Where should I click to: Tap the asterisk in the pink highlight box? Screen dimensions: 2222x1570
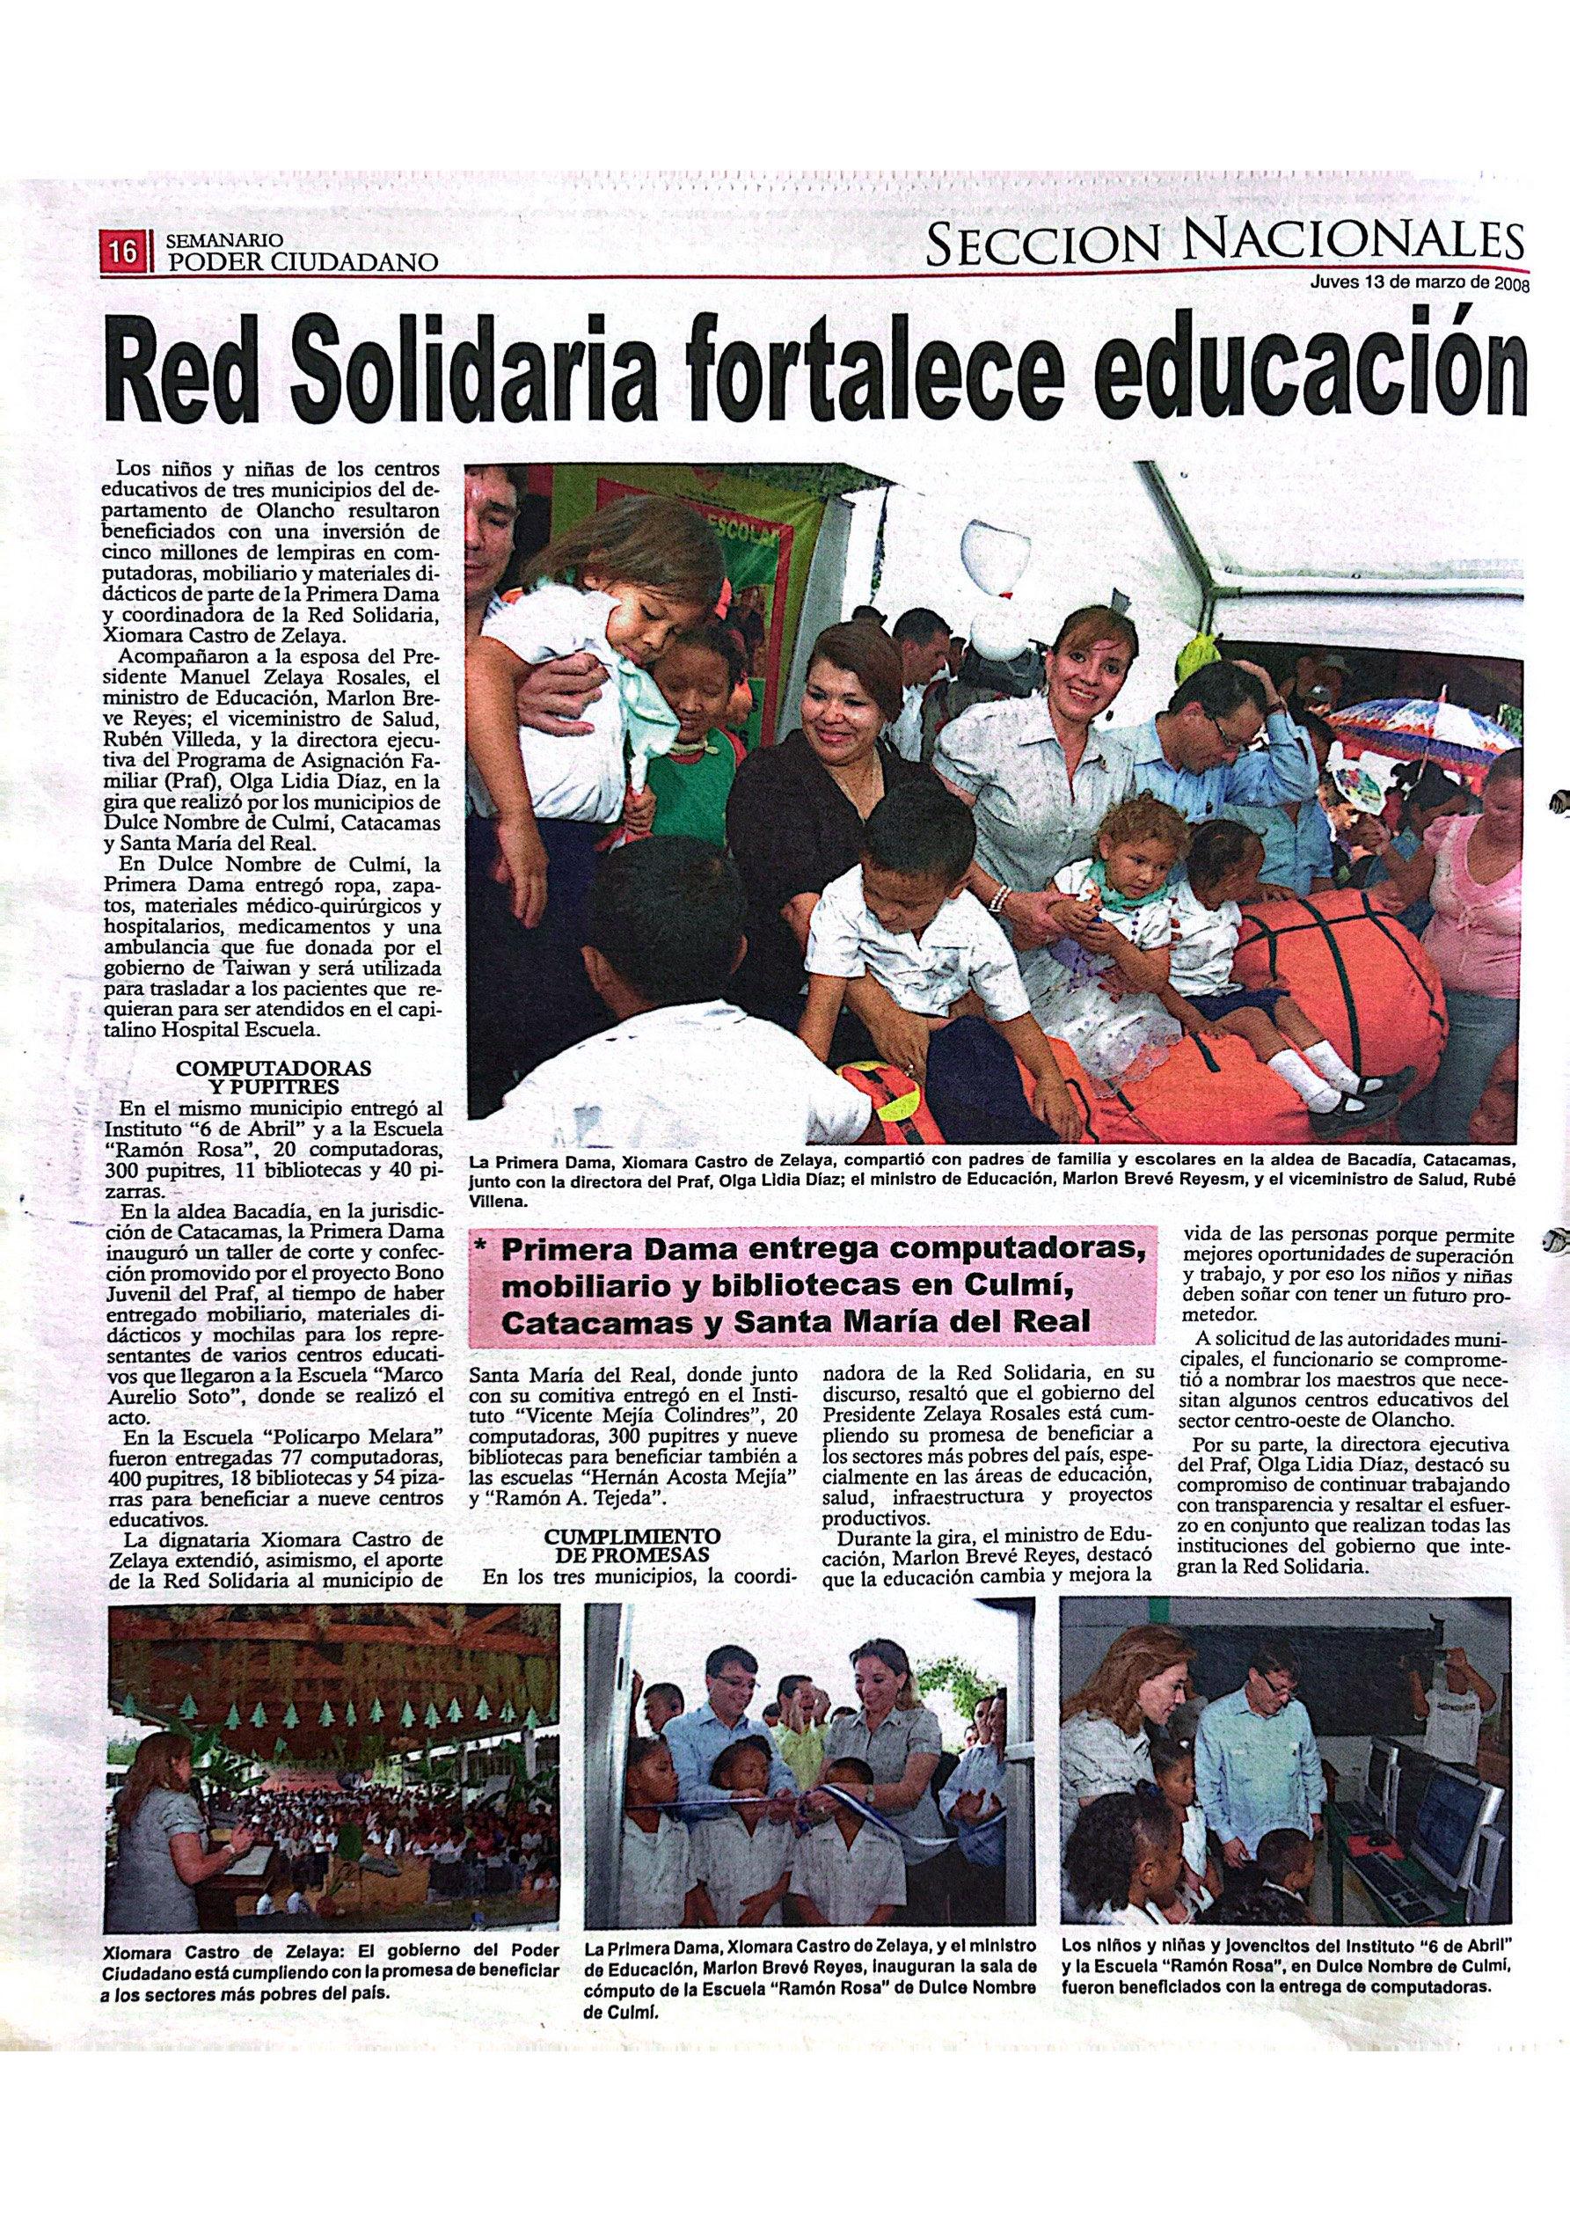point(481,1253)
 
